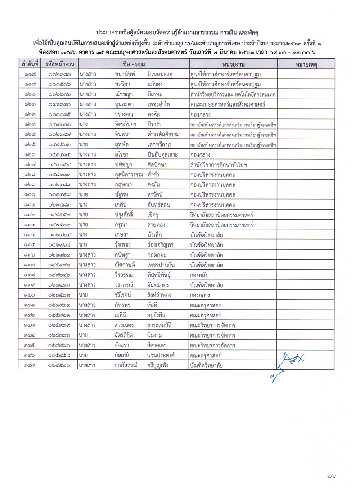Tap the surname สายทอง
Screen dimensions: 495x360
[x=158, y=224]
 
